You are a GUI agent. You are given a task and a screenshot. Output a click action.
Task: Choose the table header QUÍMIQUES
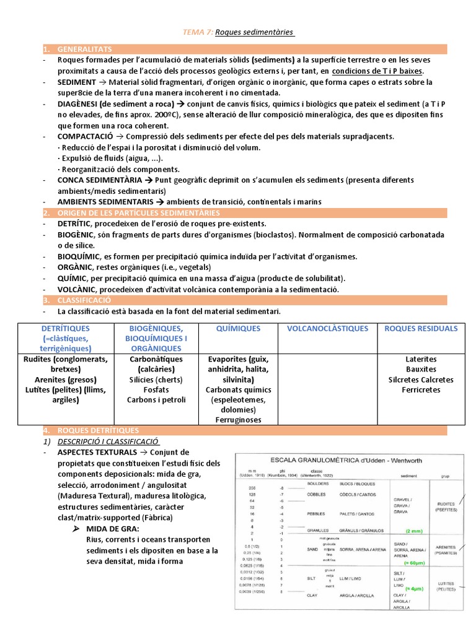(x=239, y=329)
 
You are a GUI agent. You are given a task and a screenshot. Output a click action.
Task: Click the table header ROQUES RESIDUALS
(x=421, y=329)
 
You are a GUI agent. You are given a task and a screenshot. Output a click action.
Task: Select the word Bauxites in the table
(x=421, y=369)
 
